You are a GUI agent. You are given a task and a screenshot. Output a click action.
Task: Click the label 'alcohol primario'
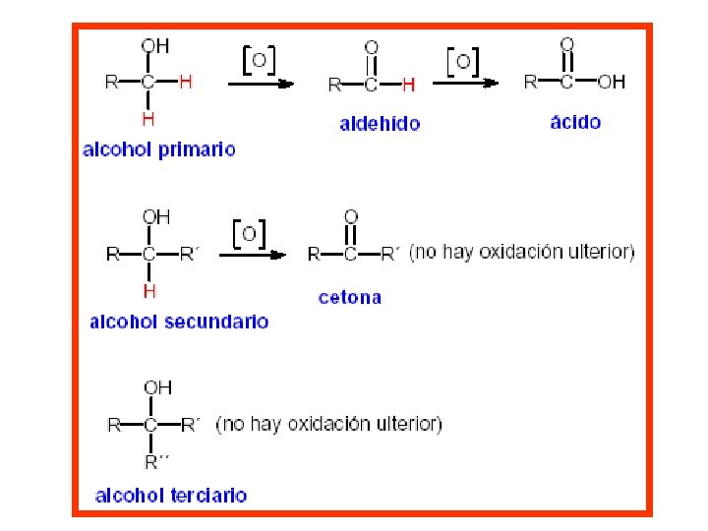159,149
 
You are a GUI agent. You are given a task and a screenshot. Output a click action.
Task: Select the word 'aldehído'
380,124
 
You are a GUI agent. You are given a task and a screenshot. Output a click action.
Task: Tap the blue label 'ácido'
575,122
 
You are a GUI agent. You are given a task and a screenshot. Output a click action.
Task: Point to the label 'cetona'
349,297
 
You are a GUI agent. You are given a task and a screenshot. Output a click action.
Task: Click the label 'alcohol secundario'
179,322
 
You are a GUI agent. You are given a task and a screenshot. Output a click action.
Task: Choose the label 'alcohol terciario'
171,496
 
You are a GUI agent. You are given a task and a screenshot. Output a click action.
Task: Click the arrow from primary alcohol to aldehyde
261,85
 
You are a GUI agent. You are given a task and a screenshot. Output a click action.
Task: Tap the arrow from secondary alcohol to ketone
253,255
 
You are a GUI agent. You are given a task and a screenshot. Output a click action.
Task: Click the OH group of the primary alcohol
154,45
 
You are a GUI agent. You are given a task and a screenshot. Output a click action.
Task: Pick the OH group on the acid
612,83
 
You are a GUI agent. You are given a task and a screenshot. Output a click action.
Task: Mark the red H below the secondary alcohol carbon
149,291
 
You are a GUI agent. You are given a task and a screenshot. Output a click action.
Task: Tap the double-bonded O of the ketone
351,215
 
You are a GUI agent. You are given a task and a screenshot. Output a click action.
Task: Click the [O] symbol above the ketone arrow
251,233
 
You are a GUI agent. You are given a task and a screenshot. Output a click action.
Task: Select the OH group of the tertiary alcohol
157,387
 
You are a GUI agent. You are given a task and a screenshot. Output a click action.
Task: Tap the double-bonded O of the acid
567,44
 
